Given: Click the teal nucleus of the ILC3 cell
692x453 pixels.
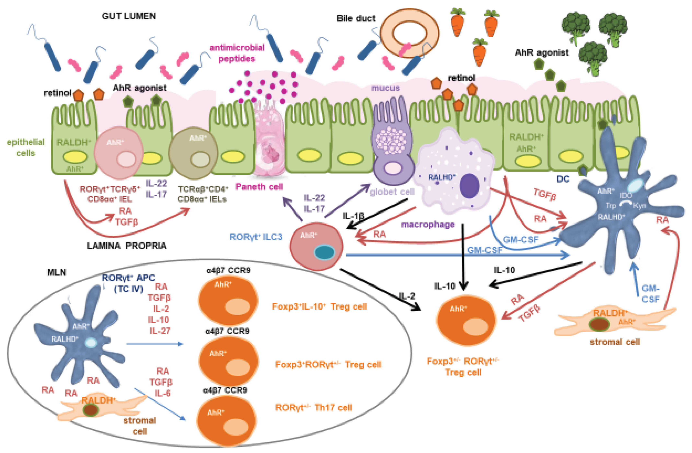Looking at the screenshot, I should point(324,252).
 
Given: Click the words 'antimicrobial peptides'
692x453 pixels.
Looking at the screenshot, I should point(237,53).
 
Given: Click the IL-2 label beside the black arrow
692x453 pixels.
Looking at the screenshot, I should point(406,296).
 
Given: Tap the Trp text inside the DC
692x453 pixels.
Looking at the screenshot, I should point(611,206).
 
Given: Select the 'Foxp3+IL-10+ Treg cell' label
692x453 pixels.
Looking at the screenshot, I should point(319,306).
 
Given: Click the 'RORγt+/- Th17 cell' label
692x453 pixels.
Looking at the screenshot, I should point(313,407).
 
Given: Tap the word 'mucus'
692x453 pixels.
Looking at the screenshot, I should point(385,88).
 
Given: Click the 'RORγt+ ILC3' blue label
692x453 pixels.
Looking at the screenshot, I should point(256,237).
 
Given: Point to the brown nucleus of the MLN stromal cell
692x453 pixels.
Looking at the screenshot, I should point(91,410).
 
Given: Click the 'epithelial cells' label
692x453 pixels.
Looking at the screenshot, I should point(26,147).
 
